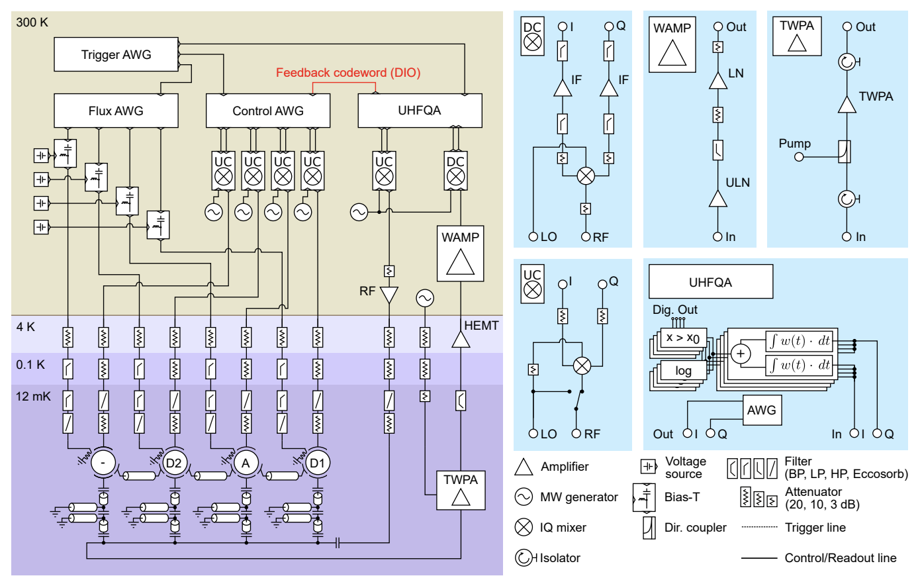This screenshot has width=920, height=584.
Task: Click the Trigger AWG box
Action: click(x=116, y=54)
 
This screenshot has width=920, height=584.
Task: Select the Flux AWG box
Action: click(x=116, y=111)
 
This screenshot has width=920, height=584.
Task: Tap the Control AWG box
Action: click(x=268, y=111)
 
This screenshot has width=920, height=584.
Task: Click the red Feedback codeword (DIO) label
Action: click(x=348, y=73)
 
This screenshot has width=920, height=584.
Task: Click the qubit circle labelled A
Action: click(x=246, y=463)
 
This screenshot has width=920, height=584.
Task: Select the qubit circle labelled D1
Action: click(x=318, y=463)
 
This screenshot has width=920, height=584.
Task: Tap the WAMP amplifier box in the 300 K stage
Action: click(x=460, y=253)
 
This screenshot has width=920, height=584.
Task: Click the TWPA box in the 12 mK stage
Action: click(x=461, y=490)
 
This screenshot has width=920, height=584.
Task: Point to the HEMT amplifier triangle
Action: click(x=461, y=340)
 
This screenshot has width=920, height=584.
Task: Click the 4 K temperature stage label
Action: click(x=25, y=326)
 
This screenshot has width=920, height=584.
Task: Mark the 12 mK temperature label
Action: click(x=33, y=397)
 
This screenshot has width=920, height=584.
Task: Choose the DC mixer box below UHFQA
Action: click(x=455, y=171)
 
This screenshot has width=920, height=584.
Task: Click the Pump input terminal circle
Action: click(x=798, y=157)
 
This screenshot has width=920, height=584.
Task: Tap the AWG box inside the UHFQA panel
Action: click(x=762, y=410)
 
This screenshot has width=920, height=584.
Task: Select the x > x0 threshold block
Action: click(x=684, y=338)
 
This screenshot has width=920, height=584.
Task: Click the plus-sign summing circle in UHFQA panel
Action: click(x=741, y=354)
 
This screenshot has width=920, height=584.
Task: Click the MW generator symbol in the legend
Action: click(x=524, y=497)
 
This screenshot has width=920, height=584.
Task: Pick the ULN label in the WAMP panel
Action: click(x=737, y=183)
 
